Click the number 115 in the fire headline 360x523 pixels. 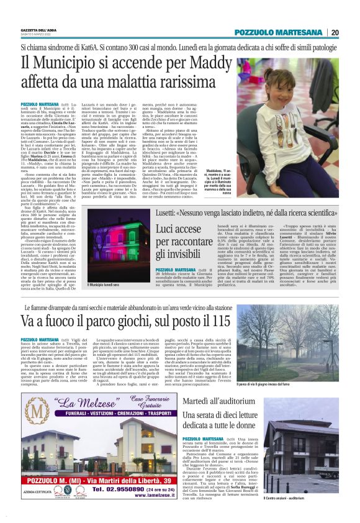click(x=221, y=322)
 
